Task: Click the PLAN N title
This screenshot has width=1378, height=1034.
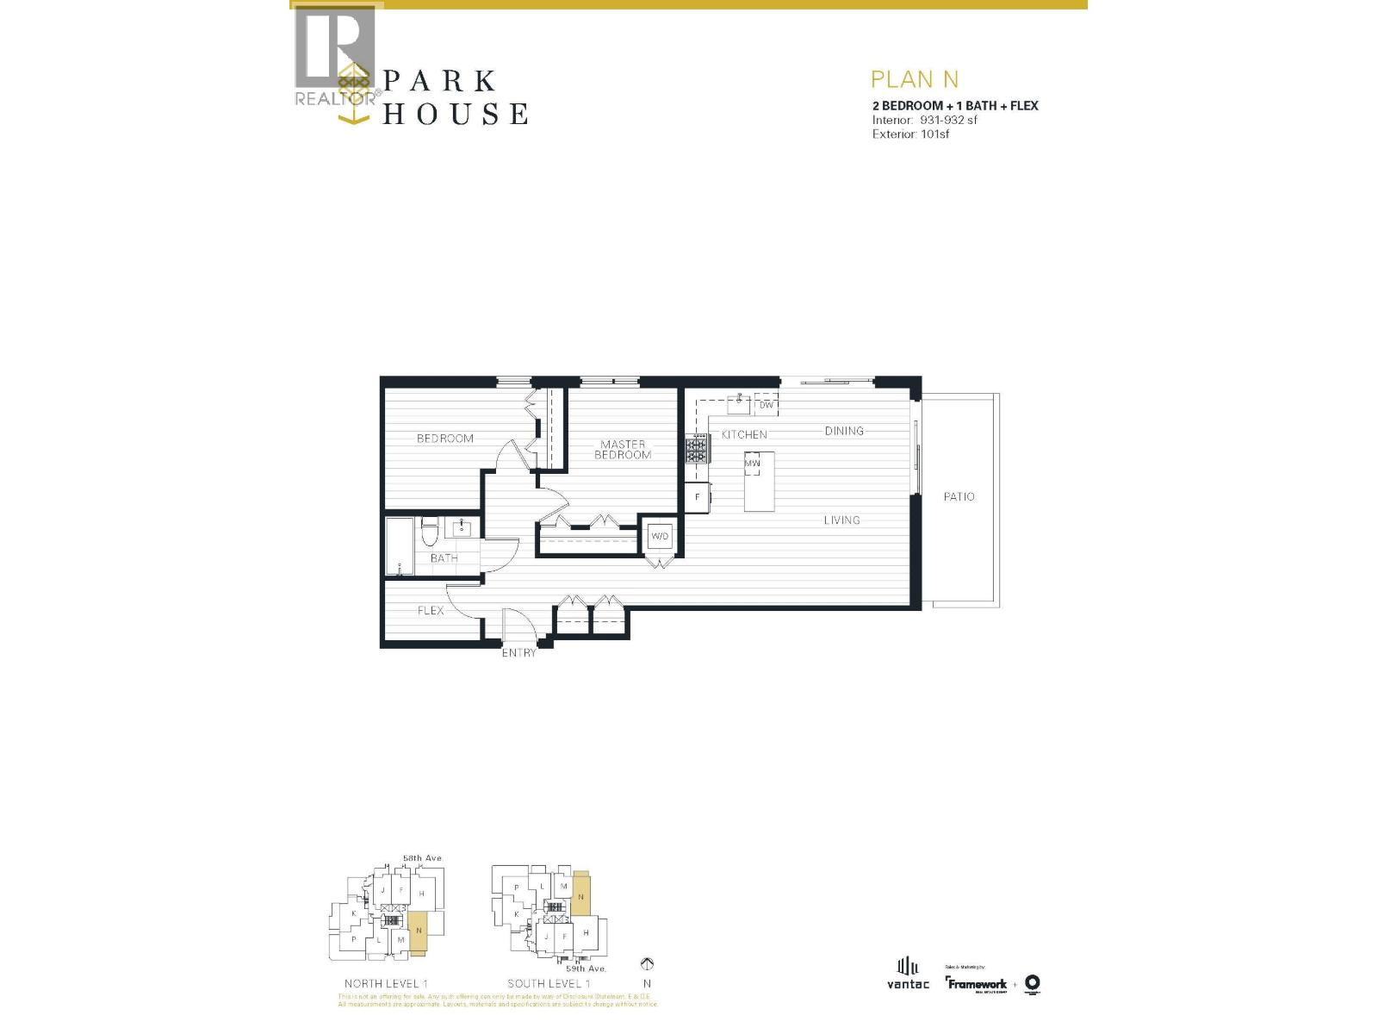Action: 914,79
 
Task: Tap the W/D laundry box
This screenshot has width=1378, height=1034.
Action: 660,536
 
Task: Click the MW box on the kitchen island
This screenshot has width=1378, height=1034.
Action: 752,464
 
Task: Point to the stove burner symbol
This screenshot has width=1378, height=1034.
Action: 697,448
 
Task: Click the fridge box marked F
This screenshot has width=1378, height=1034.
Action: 698,497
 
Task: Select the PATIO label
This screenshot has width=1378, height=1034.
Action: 959,496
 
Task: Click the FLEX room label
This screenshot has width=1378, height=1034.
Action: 431,610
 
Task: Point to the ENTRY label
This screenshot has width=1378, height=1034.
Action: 518,653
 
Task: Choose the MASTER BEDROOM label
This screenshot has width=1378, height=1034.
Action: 623,450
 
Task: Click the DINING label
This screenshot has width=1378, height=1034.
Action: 843,431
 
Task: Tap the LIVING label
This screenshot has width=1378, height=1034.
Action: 841,520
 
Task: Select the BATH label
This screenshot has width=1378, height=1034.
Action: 444,558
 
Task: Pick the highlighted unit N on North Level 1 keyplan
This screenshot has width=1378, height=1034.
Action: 418,931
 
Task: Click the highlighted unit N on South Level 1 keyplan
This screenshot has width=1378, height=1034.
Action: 580,896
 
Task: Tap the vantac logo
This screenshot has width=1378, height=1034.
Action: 908,974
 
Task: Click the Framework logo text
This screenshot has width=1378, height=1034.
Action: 978,984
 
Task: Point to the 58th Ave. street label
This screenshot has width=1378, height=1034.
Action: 422,858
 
